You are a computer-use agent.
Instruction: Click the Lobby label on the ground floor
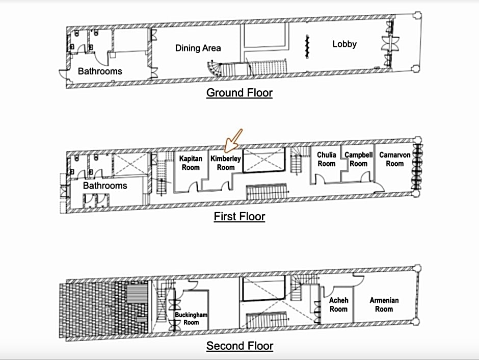[344, 44]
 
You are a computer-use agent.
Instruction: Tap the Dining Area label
[198, 48]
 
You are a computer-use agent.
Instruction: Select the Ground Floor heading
[240, 93]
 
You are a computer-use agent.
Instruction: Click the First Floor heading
[240, 216]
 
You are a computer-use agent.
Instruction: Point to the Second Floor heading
[240, 346]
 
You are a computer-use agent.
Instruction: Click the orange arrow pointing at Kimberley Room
[233, 141]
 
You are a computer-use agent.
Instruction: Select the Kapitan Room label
[191, 163]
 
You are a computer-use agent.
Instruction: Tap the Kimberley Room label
[226, 163]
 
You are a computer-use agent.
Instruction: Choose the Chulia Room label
[327, 159]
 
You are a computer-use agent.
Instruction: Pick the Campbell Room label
[359, 159]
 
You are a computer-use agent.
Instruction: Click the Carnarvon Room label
[395, 159]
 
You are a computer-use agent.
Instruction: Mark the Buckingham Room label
[191, 318]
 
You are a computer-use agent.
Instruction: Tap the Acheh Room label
[338, 305]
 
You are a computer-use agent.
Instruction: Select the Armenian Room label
[384, 305]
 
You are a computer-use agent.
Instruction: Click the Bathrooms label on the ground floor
[100, 71]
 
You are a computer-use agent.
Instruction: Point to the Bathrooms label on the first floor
[105, 186]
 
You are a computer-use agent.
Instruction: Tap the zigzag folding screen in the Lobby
[307, 46]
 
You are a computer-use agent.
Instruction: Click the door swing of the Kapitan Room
[194, 187]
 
